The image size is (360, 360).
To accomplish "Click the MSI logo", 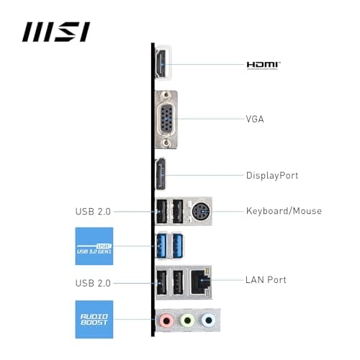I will tap(55, 32).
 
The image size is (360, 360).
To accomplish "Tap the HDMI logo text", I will tap(264, 65).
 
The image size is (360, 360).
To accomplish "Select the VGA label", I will tap(255, 118).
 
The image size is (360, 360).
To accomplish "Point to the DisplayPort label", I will tap(272, 175).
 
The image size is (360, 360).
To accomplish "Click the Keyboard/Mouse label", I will tap(284, 211).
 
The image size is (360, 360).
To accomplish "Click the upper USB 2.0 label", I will tap(93, 211).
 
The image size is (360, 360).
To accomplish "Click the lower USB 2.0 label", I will tap(93, 283).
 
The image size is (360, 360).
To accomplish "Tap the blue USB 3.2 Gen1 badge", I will tap(94, 246).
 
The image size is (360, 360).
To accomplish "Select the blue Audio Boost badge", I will tap(94, 319).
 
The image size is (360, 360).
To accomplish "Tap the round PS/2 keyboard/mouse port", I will tap(199, 211).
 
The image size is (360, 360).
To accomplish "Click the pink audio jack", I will tap(166, 320).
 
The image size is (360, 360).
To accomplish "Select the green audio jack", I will tap(187, 320).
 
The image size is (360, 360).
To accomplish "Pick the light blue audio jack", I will tap(208, 320).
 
